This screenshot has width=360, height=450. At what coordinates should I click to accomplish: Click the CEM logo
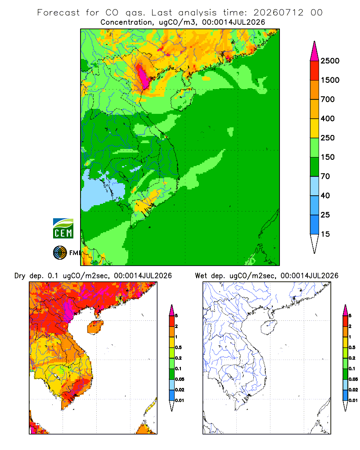coord(63,228)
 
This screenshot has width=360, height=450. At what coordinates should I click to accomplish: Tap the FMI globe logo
coord(60,253)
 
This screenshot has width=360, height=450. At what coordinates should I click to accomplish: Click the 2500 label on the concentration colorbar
coord(330,61)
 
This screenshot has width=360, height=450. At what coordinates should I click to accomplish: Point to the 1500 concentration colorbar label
coord(330,80)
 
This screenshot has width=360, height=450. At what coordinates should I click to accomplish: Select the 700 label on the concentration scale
coord(328,99)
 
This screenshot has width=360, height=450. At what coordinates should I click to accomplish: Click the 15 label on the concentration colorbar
coord(325,234)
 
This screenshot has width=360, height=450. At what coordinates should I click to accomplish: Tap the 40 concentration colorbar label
coord(325,196)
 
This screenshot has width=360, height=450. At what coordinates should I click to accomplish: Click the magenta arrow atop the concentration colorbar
coord(315,51)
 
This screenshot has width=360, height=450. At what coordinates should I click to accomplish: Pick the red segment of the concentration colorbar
coord(315,71)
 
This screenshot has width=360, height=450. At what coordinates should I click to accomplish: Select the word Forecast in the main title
coord(58,13)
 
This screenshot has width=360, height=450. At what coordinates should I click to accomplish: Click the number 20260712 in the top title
coord(278,13)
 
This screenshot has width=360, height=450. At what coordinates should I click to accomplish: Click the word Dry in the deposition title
coord(20,276)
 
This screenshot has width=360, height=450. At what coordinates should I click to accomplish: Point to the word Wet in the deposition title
coord(201,276)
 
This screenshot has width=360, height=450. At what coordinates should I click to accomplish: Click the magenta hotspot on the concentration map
coord(143,76)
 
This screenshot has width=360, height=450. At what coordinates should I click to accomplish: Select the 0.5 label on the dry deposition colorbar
coord(178,347)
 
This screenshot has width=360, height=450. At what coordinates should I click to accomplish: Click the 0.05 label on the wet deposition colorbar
coord(353,379)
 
